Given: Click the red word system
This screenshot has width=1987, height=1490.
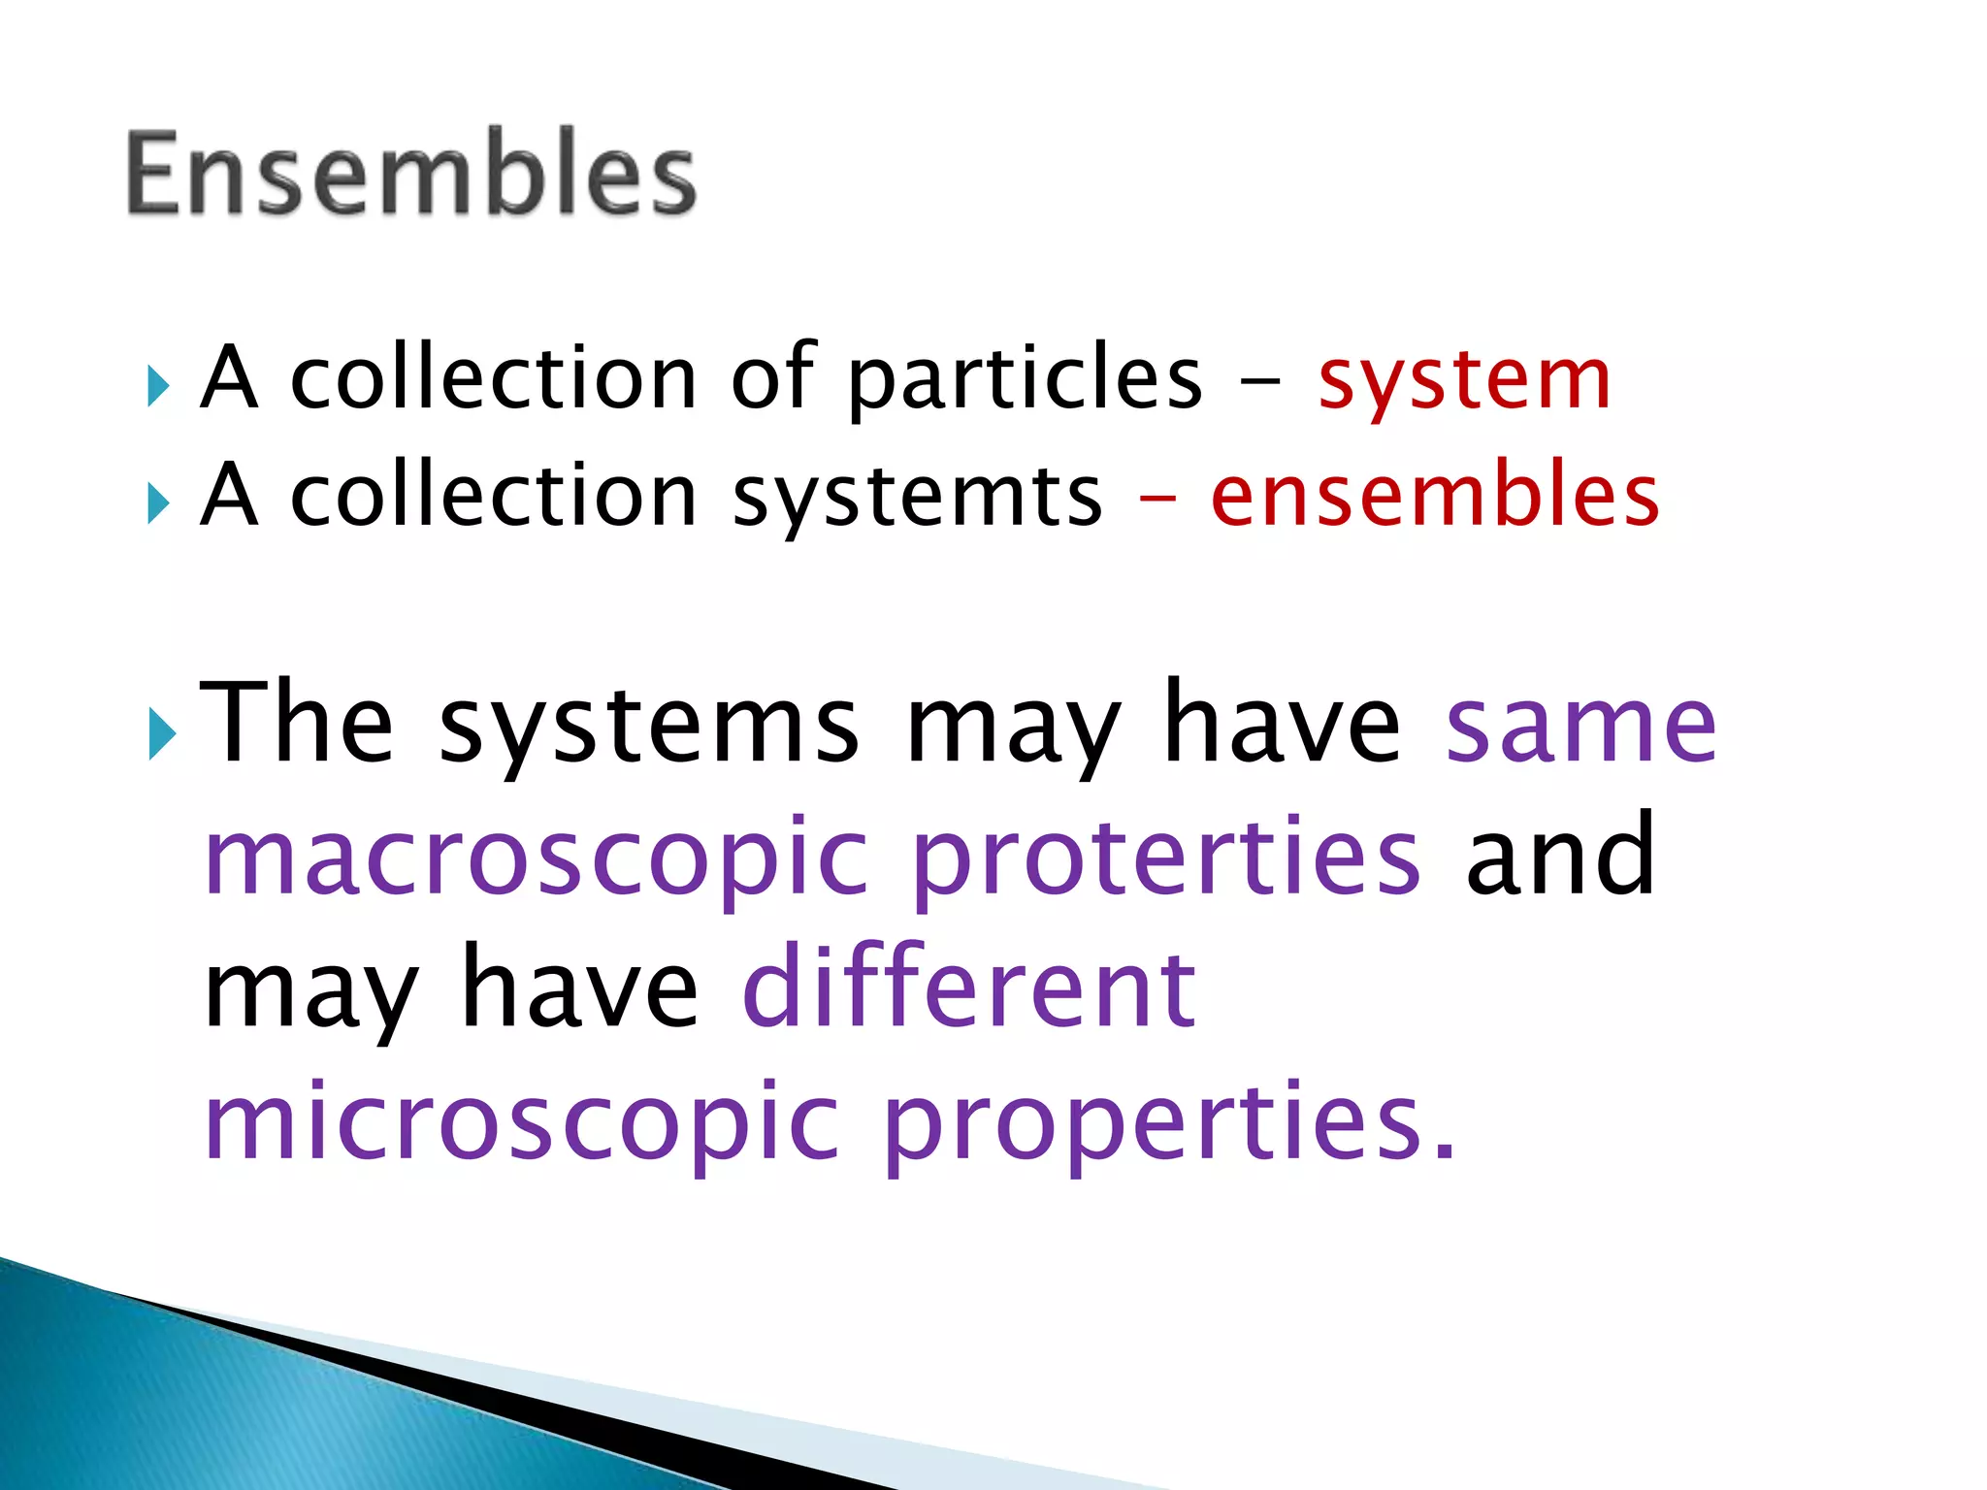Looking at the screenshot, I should tap(1464, 380).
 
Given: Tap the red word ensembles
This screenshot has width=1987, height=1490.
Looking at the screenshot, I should tap(1435, 497).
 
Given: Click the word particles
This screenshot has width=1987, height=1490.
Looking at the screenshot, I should tap(1025, 380).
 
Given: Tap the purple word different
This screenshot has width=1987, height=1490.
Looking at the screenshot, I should tap(969, 988).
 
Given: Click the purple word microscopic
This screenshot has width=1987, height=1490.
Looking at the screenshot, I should tap(522, 1123).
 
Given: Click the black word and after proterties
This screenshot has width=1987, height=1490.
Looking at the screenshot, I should tap(1560, 856).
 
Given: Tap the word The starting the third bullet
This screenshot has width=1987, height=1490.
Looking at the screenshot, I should tap(297, 723).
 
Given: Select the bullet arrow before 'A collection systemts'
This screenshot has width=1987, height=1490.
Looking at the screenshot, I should tap(159, 503).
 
